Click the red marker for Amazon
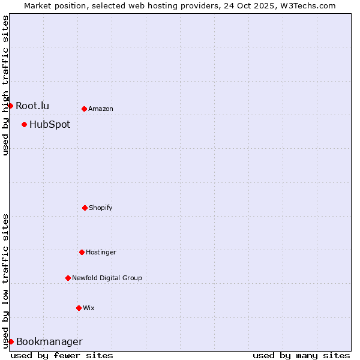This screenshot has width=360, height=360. (x=84, y=109)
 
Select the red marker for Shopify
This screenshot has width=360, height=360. (x=85, y=208)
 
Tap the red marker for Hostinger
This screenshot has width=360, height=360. (x=82, y=252)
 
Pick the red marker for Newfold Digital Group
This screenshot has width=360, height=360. (x=68, y=278)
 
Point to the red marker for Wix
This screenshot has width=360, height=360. (x=79, y=308)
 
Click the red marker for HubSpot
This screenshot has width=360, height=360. (x=24, y=124)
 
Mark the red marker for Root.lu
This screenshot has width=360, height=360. (x=10, y=106)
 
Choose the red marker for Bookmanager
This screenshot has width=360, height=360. (x=11, y=341)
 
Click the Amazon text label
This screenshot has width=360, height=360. (x=101, y=109)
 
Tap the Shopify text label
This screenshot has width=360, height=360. (x=101, y=208)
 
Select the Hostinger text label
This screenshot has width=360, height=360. (x=101, y=252)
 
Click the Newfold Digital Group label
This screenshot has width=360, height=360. (x=107, y=278)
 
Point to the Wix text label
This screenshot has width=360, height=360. (x=89, y=308)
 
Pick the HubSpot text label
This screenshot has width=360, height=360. (x=50, y=125)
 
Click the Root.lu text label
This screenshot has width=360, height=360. (x=32, y=106)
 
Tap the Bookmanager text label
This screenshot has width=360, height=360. (x=49, y=342)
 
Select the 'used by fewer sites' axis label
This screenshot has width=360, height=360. (x=62, y=355)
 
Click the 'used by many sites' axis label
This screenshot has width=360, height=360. (x=301, y=355)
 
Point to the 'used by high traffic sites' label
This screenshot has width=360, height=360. (x=5, y=85)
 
